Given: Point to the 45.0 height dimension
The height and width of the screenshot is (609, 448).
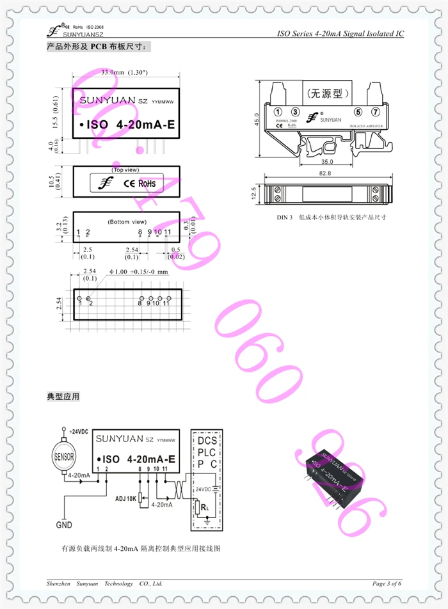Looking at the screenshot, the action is [256, 119].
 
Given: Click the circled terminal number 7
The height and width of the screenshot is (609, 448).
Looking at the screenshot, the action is [376, 112].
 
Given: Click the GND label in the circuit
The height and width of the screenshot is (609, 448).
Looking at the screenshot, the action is [64, 525].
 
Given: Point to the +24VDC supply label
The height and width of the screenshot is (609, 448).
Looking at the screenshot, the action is [77, 432].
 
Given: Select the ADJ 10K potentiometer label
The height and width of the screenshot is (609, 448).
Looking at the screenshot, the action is [125, 498].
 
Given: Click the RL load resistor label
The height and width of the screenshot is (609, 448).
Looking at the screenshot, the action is [203, 508].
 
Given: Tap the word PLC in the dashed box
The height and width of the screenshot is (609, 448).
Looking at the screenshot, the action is [207, 452].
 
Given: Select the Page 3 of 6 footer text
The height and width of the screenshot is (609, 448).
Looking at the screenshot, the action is [387, 583].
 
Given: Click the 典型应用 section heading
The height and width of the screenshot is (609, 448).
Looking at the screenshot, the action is [63, 397].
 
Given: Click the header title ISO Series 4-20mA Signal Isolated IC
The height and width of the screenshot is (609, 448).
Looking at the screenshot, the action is [340, 34].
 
